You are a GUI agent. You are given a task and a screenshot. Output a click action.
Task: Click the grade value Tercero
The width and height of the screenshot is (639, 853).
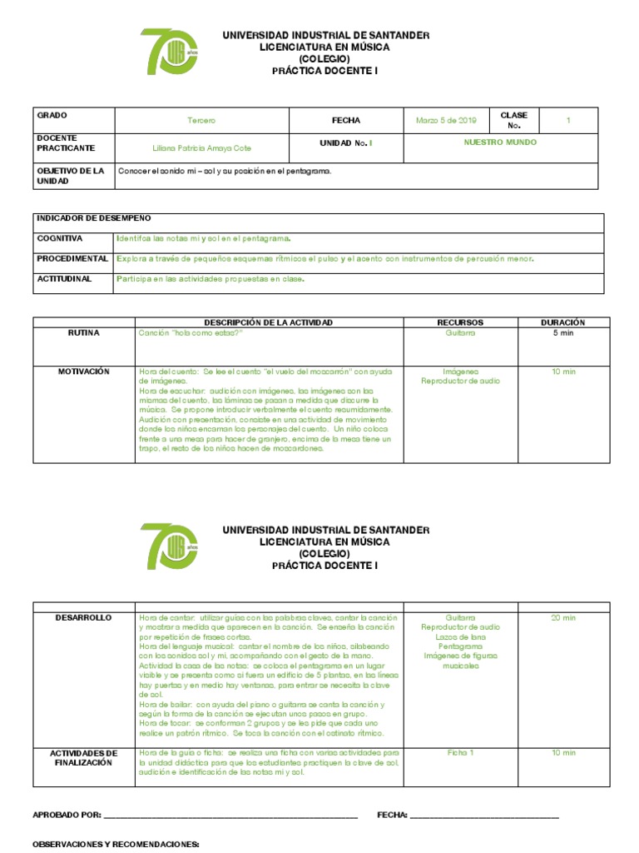[201, 121]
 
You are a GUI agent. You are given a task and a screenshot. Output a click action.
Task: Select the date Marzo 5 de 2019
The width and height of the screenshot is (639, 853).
[446, 121]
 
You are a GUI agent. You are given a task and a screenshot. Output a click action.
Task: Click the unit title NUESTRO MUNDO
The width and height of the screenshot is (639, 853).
[499, 142]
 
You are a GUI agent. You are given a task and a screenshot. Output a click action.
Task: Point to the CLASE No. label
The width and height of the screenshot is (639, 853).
[513, 120]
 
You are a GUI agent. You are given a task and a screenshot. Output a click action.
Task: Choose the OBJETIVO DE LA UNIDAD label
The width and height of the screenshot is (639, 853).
[70, 176]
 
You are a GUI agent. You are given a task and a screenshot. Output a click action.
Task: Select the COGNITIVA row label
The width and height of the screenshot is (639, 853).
[59, 238]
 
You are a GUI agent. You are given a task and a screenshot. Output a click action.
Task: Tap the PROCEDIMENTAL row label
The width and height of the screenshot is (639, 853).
[72, 258]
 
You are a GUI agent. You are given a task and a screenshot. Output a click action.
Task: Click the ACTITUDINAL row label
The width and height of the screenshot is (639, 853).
[64, 279]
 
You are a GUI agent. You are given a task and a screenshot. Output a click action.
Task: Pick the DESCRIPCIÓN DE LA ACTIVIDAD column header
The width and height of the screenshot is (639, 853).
[268, 322]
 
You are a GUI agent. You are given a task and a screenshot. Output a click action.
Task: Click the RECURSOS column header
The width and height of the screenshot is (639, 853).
[460, 322]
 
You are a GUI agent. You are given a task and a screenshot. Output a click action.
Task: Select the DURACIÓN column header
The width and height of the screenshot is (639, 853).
[563, 322]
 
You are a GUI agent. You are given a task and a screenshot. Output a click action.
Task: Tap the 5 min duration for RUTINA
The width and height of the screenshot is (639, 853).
[563, 332]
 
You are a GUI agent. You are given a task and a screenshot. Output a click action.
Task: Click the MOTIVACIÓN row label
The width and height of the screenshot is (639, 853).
[84, 372]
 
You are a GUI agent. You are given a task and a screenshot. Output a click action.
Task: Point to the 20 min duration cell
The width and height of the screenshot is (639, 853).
[563, 618]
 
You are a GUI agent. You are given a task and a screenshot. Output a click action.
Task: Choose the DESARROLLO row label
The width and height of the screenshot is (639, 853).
[83, 618]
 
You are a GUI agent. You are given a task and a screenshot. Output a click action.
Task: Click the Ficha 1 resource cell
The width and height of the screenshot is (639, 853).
[460, 753]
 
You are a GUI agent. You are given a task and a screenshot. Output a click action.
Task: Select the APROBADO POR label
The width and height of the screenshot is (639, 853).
[67, 815]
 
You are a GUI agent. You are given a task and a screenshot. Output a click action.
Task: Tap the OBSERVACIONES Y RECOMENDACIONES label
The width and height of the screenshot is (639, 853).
[116, 844]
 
